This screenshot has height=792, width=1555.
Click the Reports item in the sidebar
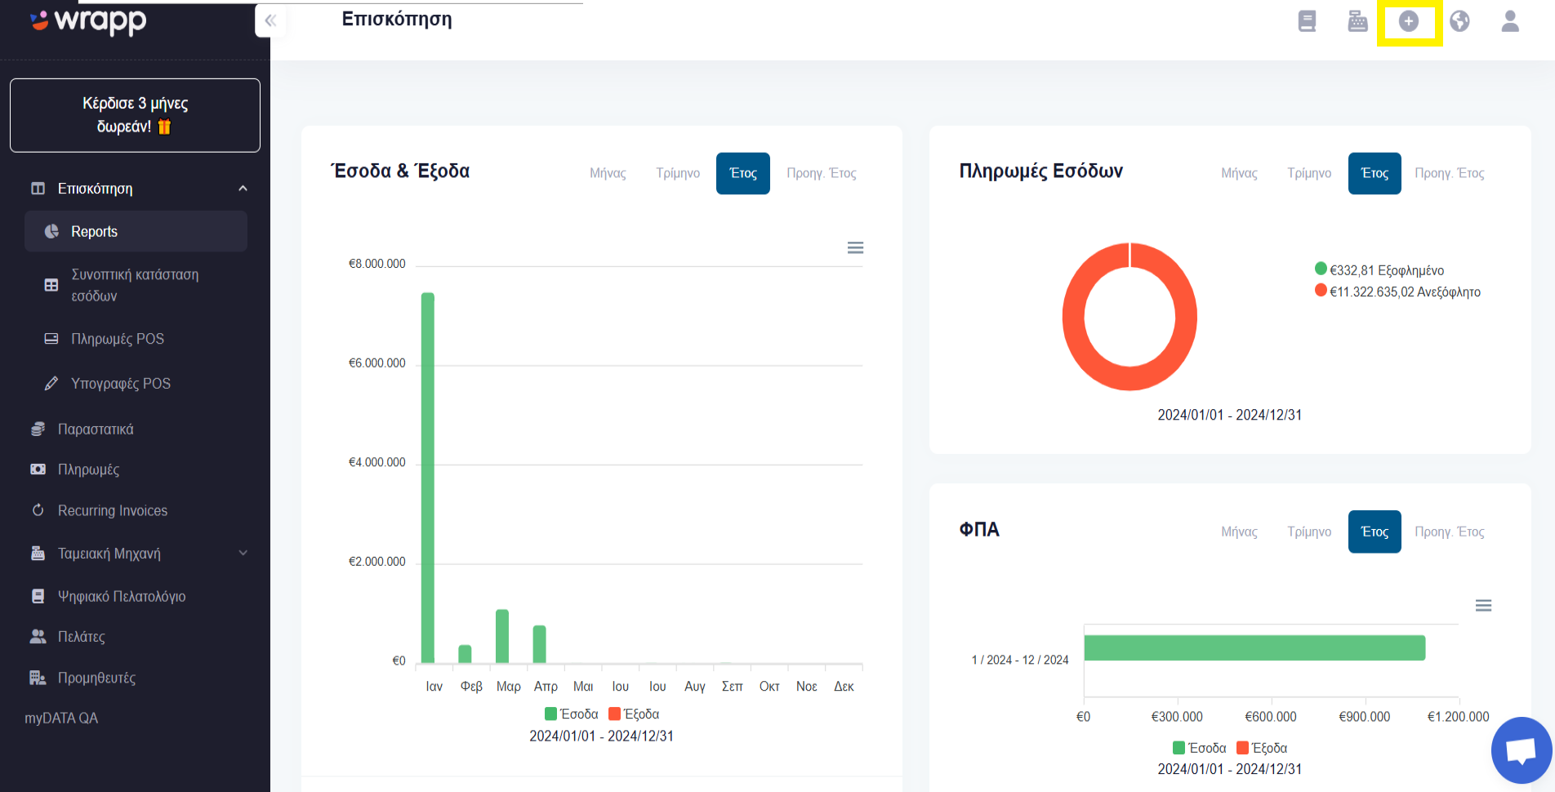coord(136,231)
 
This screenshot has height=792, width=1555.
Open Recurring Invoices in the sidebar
coord(113,510)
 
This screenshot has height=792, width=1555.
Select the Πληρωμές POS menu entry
coord(118,339)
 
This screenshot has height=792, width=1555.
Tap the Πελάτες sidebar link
coord(82,637)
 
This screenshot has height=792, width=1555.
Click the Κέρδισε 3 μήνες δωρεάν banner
coord(135,115)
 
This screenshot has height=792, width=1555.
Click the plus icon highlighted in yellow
coord(1409,21)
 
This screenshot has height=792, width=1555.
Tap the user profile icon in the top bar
coord(1510,21)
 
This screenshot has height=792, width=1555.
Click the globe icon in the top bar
coord(1459,21)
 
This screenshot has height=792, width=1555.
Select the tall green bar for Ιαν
coord(428,478)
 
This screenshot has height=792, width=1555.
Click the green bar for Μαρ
coord(502,636)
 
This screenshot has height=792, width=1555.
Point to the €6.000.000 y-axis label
coord(376,363)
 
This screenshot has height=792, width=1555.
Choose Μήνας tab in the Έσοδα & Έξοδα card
coord(608,173)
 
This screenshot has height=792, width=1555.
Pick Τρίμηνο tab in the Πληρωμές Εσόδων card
coord(1309,173)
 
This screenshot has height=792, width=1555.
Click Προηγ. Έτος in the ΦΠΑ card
coord(1450,532)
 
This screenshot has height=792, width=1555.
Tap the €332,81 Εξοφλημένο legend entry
coord(1379,270)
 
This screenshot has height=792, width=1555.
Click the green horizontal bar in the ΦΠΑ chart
coord(1254,648)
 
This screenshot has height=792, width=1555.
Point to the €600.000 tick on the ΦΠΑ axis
coord(1271,717)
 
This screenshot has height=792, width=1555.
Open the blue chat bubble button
coord(1522,750)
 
